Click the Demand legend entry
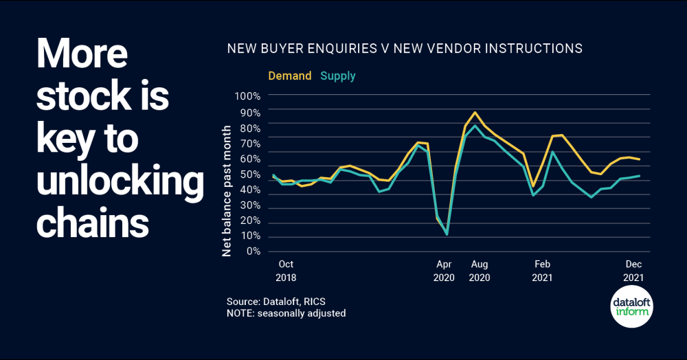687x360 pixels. click(x=289, y=76)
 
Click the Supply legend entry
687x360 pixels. click(x=337, y=76)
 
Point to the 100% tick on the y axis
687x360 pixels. click(x=247, y=96)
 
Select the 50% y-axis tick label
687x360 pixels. click(x=250, y=174)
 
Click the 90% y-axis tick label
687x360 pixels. click(x=250, y=112)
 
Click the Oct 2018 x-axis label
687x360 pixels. click(x=285, y=271)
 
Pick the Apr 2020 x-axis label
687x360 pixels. click(x=444, y=271)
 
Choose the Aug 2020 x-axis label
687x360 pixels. click(x=478, y=271)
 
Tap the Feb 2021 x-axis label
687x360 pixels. click(x=542, y=271)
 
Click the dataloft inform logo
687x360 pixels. click(x=632, y=306)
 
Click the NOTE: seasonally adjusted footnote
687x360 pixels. click(x=286, y=313)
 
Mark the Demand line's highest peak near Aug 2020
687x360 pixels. click(x=475, y=112)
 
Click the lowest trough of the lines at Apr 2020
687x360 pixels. click(x=447, y=234)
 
